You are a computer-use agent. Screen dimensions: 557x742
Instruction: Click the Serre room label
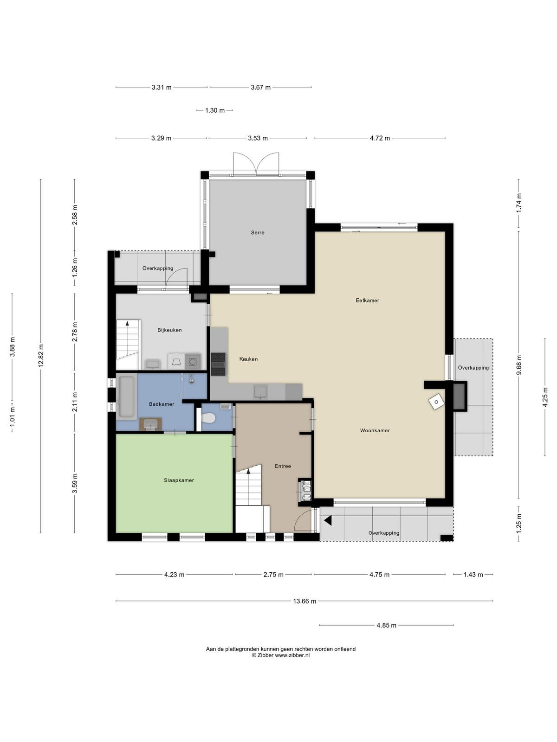(257, 233)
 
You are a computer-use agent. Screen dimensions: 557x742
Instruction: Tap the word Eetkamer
(367, 300)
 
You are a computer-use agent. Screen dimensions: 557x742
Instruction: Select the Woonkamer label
(375, 430)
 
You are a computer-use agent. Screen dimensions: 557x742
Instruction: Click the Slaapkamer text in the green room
(179, 480)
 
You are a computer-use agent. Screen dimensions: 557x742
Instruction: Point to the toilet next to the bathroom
(208, 418)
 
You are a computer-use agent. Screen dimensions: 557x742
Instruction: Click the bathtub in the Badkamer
(126, 397)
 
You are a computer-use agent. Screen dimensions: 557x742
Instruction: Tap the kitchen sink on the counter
(261, 392)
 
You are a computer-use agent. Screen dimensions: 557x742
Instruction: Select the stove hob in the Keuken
(219, 364)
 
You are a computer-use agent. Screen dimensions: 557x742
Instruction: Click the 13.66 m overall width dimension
(304, 601)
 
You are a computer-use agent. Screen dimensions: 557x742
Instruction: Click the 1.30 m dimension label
(215, 110)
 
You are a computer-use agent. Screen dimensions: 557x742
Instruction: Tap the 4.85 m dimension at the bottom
(386, 626)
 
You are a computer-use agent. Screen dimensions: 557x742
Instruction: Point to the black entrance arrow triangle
(328, 521)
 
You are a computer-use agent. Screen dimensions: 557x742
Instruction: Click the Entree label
(283, 466)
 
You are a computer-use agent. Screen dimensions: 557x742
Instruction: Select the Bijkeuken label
(169, 330)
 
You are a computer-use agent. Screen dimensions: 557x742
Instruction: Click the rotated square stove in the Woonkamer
(436, 402)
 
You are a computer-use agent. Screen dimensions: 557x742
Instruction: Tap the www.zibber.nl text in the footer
(292, 655)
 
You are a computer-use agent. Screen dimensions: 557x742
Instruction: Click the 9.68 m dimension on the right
(519, 365)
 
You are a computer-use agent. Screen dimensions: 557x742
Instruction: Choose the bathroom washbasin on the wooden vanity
(150, 425)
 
